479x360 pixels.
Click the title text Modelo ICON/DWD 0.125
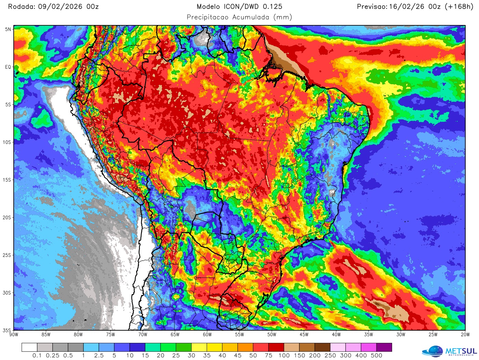[x=239, y=7]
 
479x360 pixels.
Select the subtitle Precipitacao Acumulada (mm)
[x=239, y=17]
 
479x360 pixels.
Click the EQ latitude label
[x=8, y=67]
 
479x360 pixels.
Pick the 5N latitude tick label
[x=8, y=29]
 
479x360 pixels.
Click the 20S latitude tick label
[x=7, y=218]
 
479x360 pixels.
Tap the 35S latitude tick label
[x=7, y=330]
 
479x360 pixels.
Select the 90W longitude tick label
[x=14, y=335]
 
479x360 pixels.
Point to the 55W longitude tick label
[x=239, y=335]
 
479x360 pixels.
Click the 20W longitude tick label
[x=465, y=335]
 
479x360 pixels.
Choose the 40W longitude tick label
[x=336, y=335]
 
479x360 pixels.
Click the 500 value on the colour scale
[x=376, y=356]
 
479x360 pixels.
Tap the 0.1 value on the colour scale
[x=37, y=356]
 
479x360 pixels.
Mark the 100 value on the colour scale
[x=284, y=356]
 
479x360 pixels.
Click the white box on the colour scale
[x=29, y=347]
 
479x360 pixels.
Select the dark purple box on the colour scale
[x=384, y=347]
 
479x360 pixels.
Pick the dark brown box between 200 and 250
[x=322, y=347]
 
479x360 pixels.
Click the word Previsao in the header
[x=372, y=7]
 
